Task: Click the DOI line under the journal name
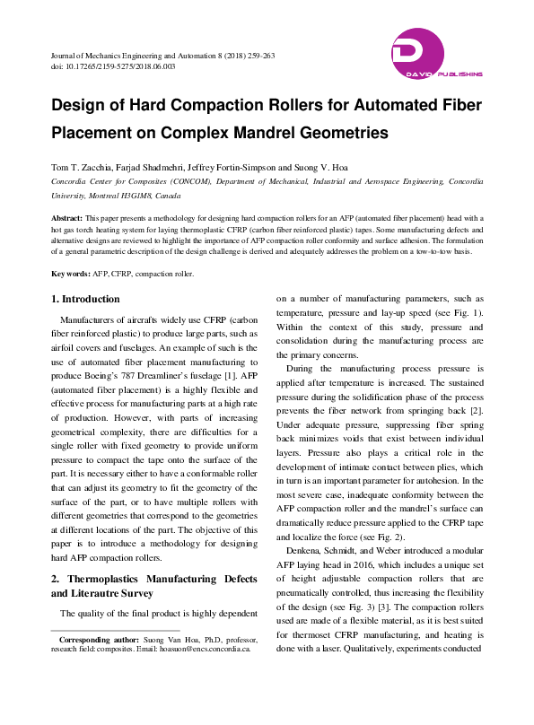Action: [113, 66]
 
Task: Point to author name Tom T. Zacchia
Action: [78, 168]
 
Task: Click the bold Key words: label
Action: [70, 273]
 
